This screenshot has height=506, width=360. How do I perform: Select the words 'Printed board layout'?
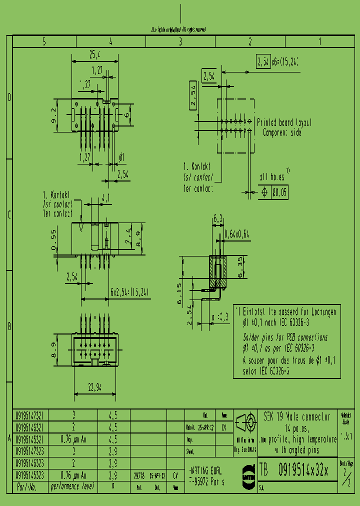(284, 122)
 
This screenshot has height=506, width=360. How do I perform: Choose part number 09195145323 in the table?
(29, 475)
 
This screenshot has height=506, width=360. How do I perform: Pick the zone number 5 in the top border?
(44, 42)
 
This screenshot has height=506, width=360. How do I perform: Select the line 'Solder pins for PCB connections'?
(285, 337)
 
